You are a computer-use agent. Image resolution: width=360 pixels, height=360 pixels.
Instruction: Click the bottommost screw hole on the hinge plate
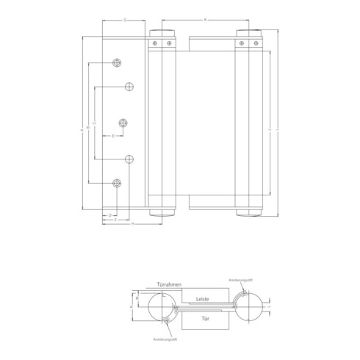116,182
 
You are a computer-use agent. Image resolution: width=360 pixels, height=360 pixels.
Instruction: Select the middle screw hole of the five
123,123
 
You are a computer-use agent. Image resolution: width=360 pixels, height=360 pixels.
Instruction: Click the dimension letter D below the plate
109,214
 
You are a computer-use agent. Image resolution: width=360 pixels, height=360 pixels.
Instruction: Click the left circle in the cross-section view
157,306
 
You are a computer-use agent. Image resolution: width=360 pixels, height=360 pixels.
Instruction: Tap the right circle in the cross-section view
249,306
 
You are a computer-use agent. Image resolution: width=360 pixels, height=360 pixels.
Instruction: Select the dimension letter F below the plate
116,219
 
